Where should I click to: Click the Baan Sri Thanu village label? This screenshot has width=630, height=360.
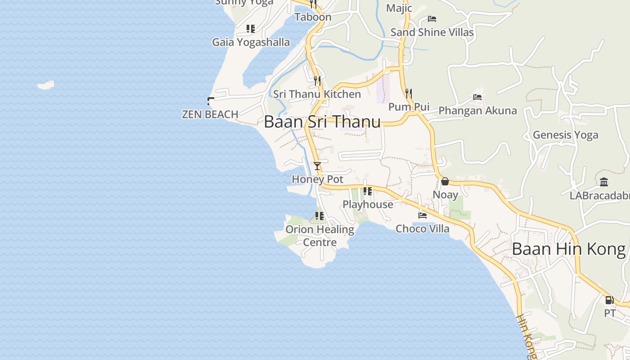coord(322,122)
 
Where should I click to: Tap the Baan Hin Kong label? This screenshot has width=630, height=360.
coord(569,249)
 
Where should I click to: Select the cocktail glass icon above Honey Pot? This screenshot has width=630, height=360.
coord(317,166)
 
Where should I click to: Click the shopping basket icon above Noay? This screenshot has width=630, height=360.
coord(445,181)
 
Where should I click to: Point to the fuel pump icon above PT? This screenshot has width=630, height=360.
coord(609,300)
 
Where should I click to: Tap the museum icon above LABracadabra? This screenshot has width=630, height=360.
coord(604,182)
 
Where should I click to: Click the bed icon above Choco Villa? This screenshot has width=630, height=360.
coord(423,216)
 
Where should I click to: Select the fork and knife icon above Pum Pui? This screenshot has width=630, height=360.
coord(409,94)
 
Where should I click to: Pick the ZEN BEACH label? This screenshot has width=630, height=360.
coord(210,114)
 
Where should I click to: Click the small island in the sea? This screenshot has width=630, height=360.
coord(45,85)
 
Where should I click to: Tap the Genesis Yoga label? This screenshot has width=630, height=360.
coord(566,135)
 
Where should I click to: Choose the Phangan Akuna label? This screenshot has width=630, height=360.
coord(477,110)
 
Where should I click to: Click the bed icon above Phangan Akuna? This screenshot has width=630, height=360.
coord(477,97)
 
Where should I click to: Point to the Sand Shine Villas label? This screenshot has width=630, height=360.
coord(432,32)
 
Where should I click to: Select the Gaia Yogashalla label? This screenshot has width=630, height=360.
coord(251,42)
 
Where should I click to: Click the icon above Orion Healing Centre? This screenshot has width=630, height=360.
coord(319,216)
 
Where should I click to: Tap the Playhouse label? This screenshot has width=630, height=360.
coord(368,204)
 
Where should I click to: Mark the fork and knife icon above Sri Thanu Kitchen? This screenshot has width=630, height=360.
coord(317,81)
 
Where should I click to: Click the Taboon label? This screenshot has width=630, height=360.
coord(313,17)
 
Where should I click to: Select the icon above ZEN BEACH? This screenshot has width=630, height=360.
coord(210,101)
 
